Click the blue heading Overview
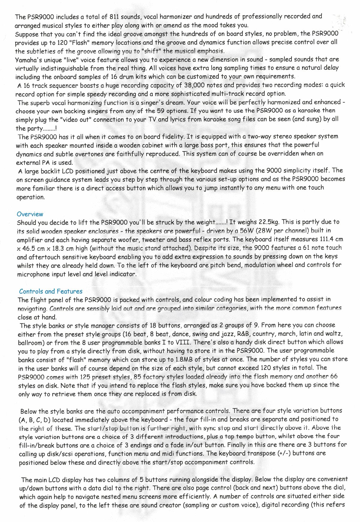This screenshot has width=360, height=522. [x=30, y=214]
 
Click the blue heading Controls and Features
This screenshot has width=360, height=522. [x=50, y=291]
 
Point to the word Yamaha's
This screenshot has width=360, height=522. [x=30, y=60]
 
